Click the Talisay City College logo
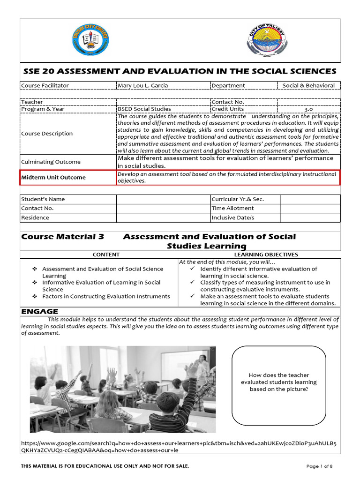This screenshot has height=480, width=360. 91,40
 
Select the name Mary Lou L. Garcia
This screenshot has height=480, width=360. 142,85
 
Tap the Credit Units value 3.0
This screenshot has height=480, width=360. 308,109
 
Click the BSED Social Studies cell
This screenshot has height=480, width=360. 144,109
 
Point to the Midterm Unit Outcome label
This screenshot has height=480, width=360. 53,177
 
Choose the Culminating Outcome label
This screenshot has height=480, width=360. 51,162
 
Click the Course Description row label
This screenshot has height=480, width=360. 47,134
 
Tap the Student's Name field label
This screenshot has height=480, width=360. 43,199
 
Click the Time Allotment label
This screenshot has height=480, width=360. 232,208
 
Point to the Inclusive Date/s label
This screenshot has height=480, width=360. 233,217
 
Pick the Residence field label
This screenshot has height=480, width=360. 35,217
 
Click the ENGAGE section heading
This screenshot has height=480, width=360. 40,311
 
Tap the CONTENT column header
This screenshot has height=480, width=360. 106,255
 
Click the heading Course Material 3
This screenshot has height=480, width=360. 62,237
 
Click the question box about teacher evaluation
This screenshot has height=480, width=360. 278,382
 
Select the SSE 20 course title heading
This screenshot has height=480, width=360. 180,71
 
